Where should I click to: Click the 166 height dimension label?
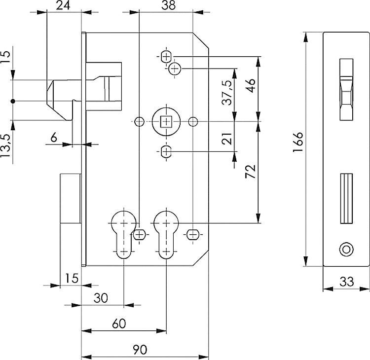(x=298, y=142)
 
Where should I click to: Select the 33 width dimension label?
(x=347, y=282)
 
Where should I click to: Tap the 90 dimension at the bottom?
(x=140, y=350)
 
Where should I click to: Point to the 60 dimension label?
(x=119, y=324)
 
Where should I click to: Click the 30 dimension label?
(x=101, y=298)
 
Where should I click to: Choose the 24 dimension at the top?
(x=63, y=5)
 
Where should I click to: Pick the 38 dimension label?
(x=169, y=5)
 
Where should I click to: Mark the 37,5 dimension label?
(x=227, y=93)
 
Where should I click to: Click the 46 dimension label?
(x=250, y=86)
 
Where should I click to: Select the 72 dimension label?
(x=250, y=172)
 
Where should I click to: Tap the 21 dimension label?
(x=227, y=138)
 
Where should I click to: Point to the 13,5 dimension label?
(x=5, y=145)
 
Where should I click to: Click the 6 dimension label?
(x=54, y=137)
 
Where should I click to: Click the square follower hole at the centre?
(x=166, y=122)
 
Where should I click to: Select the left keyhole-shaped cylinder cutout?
(x=123, y=235)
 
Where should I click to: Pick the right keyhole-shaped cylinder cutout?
(x=166, y=235)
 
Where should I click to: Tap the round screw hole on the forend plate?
(x=346, y=249)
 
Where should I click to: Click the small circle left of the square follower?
(x=139, y=122)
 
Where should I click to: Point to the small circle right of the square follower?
(x=193, y=122)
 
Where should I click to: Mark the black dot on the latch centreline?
(x=13, y=101)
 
